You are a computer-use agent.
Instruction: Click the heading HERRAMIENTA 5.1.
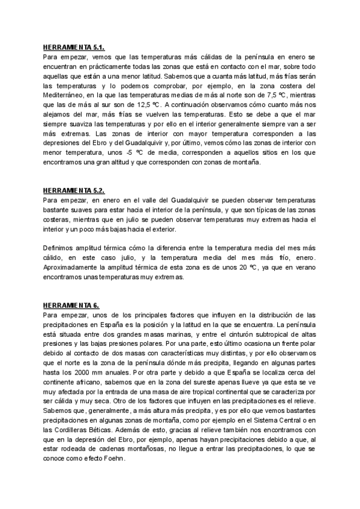[74, 47]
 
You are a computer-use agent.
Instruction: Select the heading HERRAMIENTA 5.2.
[74, 191]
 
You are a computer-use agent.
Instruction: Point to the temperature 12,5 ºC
[127, 104]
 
